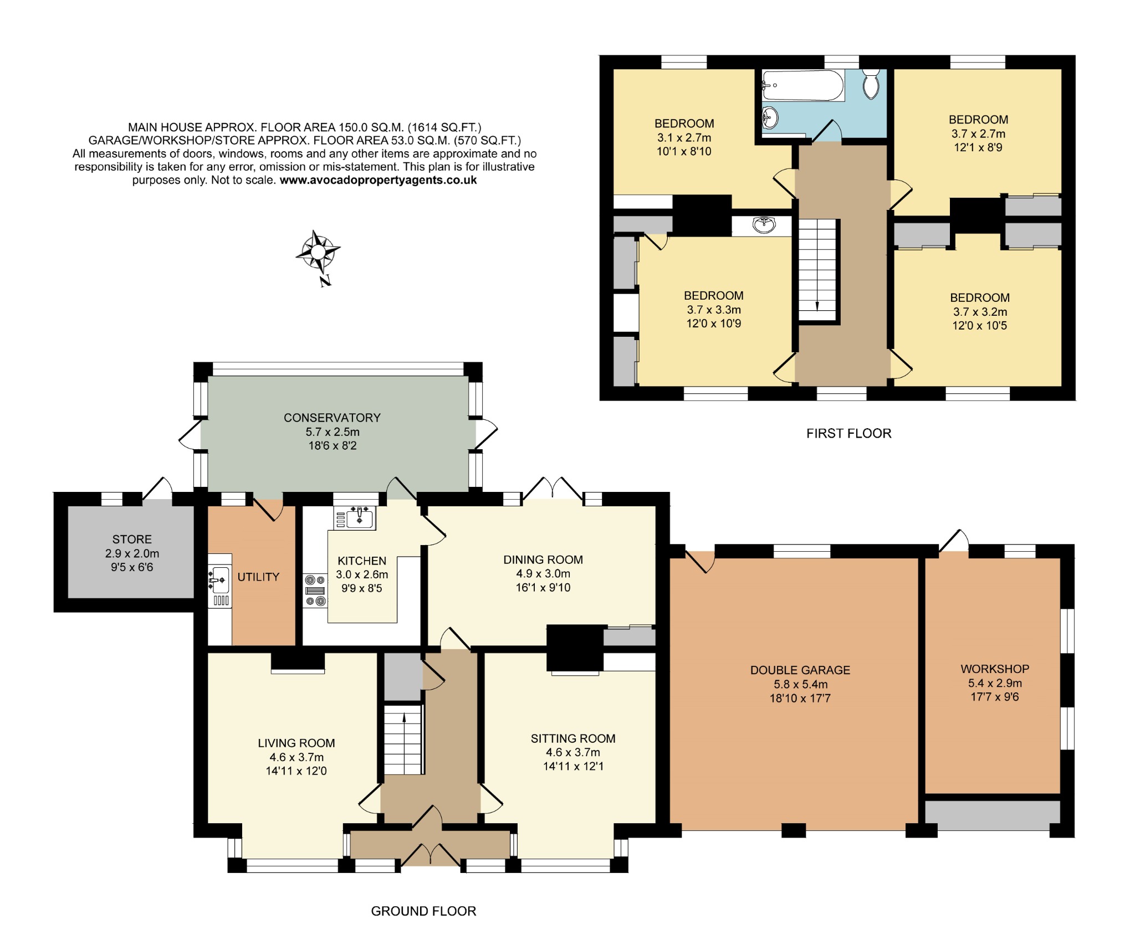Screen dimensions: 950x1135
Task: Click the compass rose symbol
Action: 318,252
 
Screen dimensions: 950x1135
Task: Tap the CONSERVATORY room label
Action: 332,418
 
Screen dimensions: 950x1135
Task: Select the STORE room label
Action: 132,539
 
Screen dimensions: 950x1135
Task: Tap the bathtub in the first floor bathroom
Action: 803,86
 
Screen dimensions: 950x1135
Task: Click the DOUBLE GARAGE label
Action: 800,670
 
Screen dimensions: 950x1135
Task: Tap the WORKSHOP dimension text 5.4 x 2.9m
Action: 995,683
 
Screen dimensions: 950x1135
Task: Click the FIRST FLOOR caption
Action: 848,434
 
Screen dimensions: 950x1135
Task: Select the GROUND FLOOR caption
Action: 423,911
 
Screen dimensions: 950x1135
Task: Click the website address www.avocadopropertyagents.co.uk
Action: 378,180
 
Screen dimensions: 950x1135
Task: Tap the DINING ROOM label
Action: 543,559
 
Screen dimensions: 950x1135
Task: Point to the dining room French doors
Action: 553,488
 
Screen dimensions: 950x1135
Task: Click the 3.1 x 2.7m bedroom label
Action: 684,137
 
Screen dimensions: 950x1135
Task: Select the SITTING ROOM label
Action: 572,738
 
